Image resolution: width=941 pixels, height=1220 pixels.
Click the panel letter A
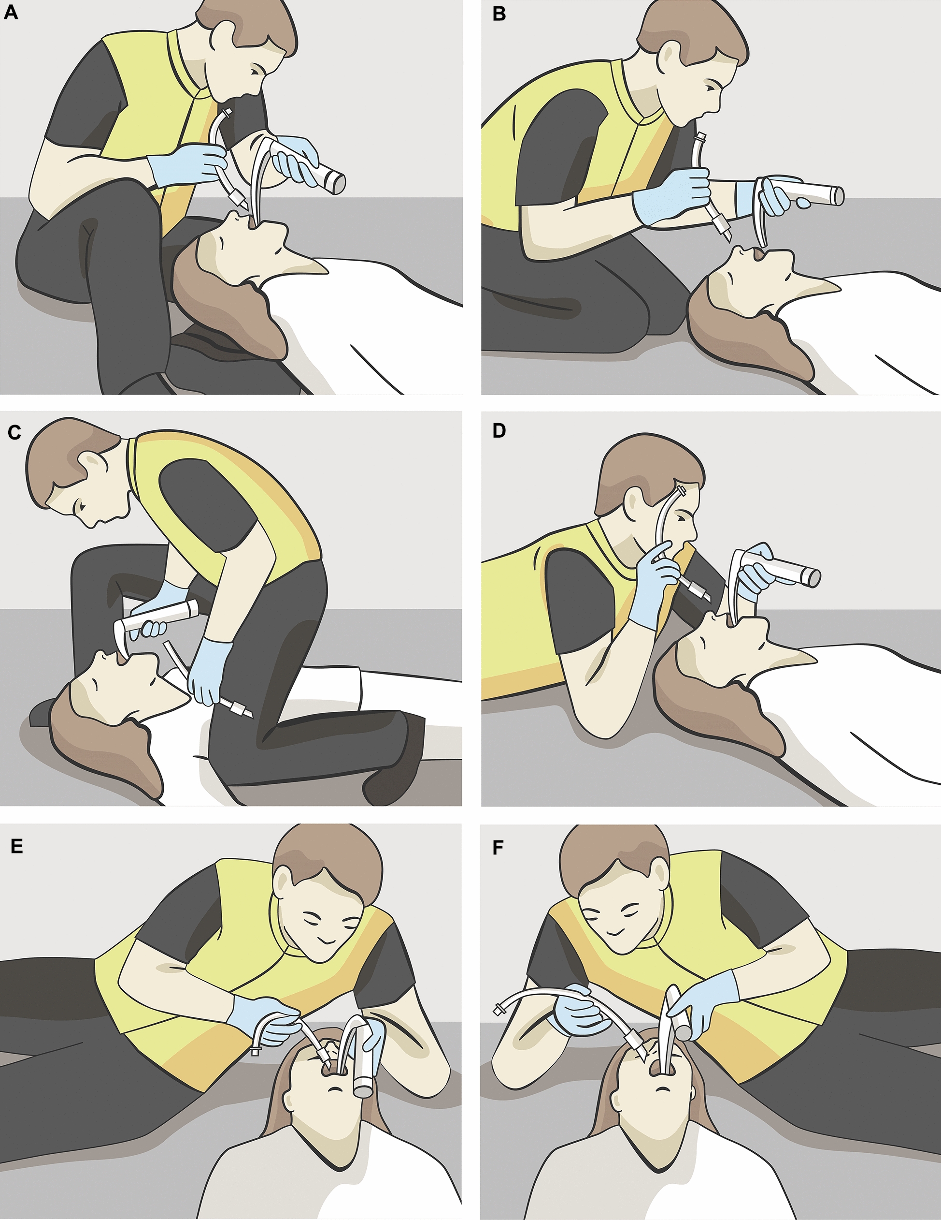pyautogui.click(x=11, y=12)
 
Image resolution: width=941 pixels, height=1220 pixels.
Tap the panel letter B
pyautogui.click(x=499, y=14)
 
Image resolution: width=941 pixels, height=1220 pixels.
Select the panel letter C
pyautogui.click(x=14, y=432)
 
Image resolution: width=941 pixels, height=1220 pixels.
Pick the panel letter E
pyautogui.click(x=17, y=846)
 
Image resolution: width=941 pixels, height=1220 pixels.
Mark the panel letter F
pyautogui.click(x=498, y=848)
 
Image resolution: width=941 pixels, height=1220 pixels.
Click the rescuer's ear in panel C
pyautogui.click(x=89, y=464)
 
